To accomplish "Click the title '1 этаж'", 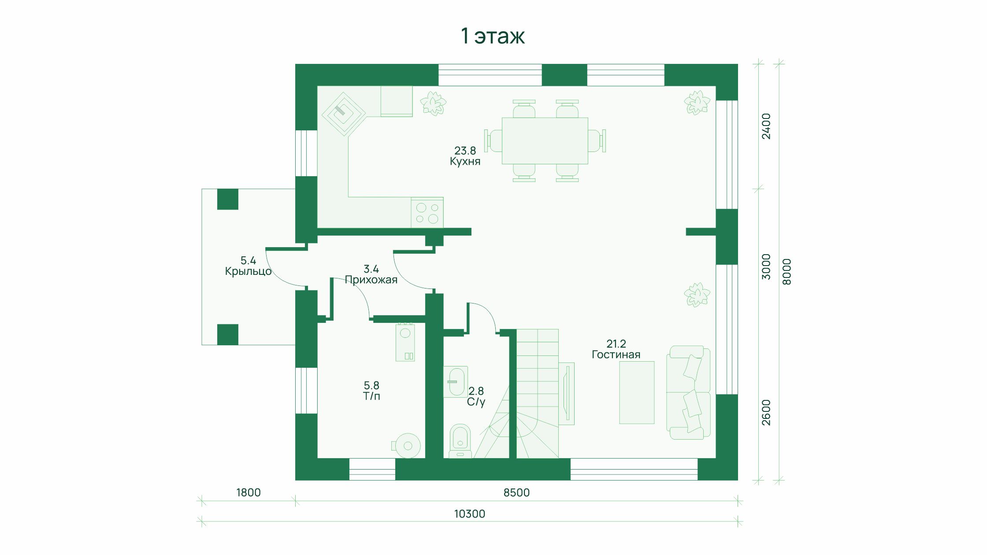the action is tap(493, 36).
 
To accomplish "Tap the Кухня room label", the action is tap(465, 162).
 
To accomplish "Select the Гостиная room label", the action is tap(616, 355).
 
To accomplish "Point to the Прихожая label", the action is tap(371, 280).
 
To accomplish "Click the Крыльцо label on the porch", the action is tap(248, 271).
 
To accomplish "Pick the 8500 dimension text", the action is tap(516, 492).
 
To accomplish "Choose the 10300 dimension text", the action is tap(470, 514).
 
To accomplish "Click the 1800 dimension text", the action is tap(249, 492).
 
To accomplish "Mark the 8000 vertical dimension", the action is tap(787, 272).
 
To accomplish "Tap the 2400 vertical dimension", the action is tap(767, 126).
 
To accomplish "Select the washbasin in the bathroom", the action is tap(456, 382).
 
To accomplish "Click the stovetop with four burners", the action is tap(427, 213).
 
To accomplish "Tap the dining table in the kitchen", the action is tap(545, 141).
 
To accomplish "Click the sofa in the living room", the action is tap(688, 392).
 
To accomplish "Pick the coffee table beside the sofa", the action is tap(637, 392).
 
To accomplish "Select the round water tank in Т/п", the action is tap(407, 446).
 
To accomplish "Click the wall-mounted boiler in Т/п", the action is tap(405, 342).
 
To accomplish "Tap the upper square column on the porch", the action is tap(228, 199).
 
